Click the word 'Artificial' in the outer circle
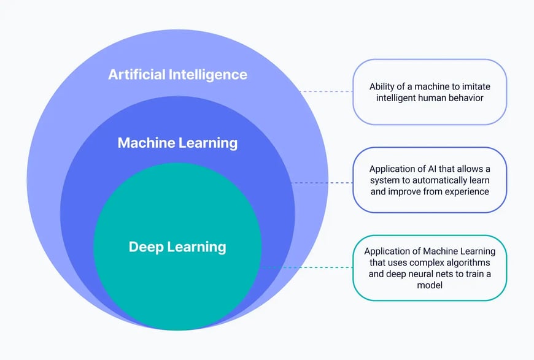pyautogui.click(x=136, y=75)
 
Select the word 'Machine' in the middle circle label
pyautogui.click(x=146, y=143)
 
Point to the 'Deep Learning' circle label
pyautogui.click(x=177, y=247)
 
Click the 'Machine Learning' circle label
pyautogui.click(x=177, y=143)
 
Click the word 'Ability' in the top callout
pyautogui.click(x=382, y=86)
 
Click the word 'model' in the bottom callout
pyautogui.click(x=430, y=285)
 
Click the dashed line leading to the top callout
pyautogui.click(x=325, y=91)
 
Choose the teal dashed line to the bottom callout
pyautogui.click(x=307, y=267)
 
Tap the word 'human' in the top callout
pyautogui.click(x=430, y=98)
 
